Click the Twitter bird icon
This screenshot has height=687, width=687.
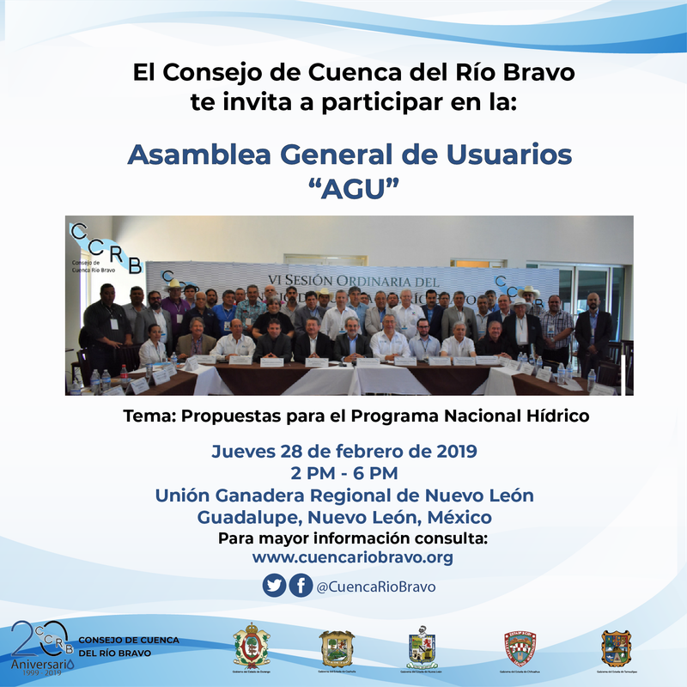(x=274, y=586)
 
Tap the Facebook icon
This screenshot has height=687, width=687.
(x=300, y=586)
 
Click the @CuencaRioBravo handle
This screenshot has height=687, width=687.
(x=375, y=587)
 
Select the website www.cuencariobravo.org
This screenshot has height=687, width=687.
(x=352, y=558)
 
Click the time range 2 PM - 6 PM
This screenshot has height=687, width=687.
(x=344, y=473)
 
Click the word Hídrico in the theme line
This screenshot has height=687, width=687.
(x=559, y=416)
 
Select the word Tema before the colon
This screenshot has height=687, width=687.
(x=142, y=416)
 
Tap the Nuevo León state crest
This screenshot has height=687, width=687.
(x=422, y=647)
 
